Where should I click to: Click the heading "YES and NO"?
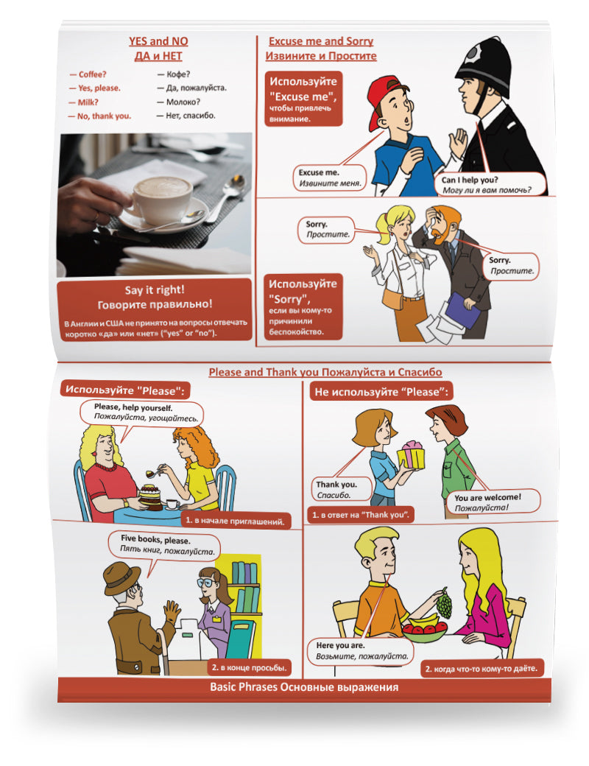tap(158, 41)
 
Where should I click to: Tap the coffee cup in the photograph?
tap(161, 200)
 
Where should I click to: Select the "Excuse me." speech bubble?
tap(330, 178)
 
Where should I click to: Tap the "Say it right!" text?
tap(155, 289)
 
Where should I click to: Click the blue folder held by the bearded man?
tap(462, 309)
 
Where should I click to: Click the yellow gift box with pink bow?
tap(411, 455)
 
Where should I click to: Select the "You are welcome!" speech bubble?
tap(493, 502)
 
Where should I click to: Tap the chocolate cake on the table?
tap(150, 496)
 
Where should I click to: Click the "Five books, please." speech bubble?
tap(163, 545)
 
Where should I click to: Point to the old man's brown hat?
tap(121, 577)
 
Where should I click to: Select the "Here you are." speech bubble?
tap(361, 650)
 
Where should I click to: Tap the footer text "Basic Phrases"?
tap(243, 687)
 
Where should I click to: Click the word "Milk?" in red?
tap(88, 102)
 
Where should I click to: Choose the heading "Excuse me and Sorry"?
tap(321, 41)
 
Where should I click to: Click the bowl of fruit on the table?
tap(424, 629)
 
